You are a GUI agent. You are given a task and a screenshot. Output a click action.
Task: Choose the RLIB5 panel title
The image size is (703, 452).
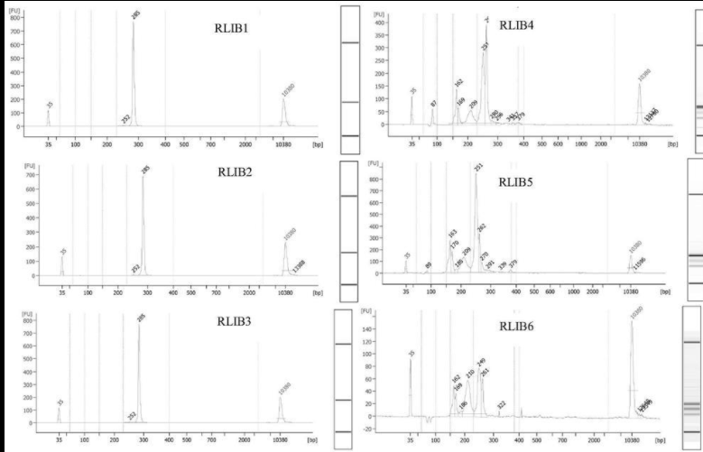pos(517,180)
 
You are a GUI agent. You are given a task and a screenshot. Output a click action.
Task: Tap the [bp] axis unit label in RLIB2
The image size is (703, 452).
pos(317,292)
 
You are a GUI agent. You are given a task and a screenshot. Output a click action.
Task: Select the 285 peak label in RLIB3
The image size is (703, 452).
pos(140,317)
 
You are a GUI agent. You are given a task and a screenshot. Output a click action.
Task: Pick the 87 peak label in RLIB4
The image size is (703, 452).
pos(433,104)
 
